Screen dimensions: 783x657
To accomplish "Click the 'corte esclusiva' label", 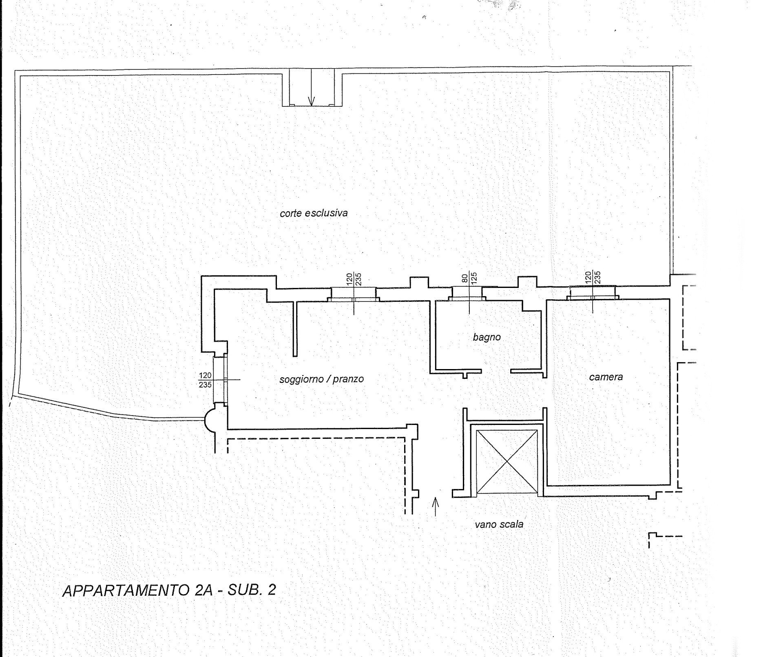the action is pyautogui.click(x=314, y=213).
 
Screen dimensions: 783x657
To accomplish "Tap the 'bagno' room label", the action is pyautogui.click(x=487, y=337).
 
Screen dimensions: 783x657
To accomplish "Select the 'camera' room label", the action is pyautogui.click(x=606, y=377).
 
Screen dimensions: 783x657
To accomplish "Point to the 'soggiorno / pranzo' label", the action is pyautogui.click(x=321, y=379).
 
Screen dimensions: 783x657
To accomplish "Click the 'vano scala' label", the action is pyautogui.click(x=499, y=524).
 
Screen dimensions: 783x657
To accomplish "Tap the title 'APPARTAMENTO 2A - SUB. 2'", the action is pyautogui.click(x=169, y=590).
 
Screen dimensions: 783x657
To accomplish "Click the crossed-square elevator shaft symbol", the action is pyautogui.click(x=507, y=461).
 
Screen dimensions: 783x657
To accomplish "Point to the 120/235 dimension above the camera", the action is pyautogui.click(x=593, y=277).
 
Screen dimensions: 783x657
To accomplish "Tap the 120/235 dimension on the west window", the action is pyautogui.click(x=205, y=380).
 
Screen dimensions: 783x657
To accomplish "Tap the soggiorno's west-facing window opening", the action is pyautogui.click(x=220, y=380).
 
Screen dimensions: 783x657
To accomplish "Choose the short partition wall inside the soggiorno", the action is pyautogui.click(x=295, y=329).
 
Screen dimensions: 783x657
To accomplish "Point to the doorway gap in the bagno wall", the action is pyautogui.click(x=496, y=372).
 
